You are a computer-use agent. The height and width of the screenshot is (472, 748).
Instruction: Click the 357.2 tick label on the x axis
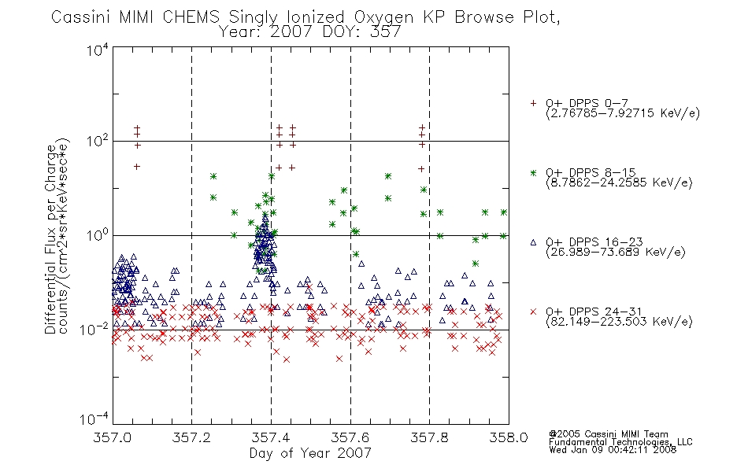point(191,437)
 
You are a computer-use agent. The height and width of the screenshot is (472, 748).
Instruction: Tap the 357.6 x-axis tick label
point(350,437)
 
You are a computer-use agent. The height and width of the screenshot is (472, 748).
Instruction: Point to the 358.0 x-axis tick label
point(509,437)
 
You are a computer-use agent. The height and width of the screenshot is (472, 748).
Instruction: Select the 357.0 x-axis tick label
point(113,437)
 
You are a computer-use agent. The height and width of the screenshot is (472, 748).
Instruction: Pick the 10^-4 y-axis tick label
point(94,419)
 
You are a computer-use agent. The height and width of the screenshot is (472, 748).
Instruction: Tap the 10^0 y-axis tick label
point(98,235)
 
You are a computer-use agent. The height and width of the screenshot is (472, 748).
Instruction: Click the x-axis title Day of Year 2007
point(310,453)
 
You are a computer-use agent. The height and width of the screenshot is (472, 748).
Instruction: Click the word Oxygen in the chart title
point(383,17)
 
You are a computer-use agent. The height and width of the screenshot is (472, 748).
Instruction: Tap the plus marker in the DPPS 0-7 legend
point(533,103)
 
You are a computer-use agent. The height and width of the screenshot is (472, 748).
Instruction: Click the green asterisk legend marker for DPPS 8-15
point(533,173)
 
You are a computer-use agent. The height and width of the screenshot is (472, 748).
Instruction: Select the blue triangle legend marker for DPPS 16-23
point(533,242)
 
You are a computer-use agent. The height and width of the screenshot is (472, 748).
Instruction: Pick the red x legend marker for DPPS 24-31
point(533,312)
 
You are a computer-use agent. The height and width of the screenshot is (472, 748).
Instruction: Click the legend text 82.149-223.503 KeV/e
point(619,322)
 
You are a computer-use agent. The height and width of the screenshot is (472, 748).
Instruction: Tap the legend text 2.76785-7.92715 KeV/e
point(623,113)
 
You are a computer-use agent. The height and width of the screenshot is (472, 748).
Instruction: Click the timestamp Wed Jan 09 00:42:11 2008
point(613,449)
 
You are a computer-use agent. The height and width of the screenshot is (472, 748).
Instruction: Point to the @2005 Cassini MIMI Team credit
point(609,434)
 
